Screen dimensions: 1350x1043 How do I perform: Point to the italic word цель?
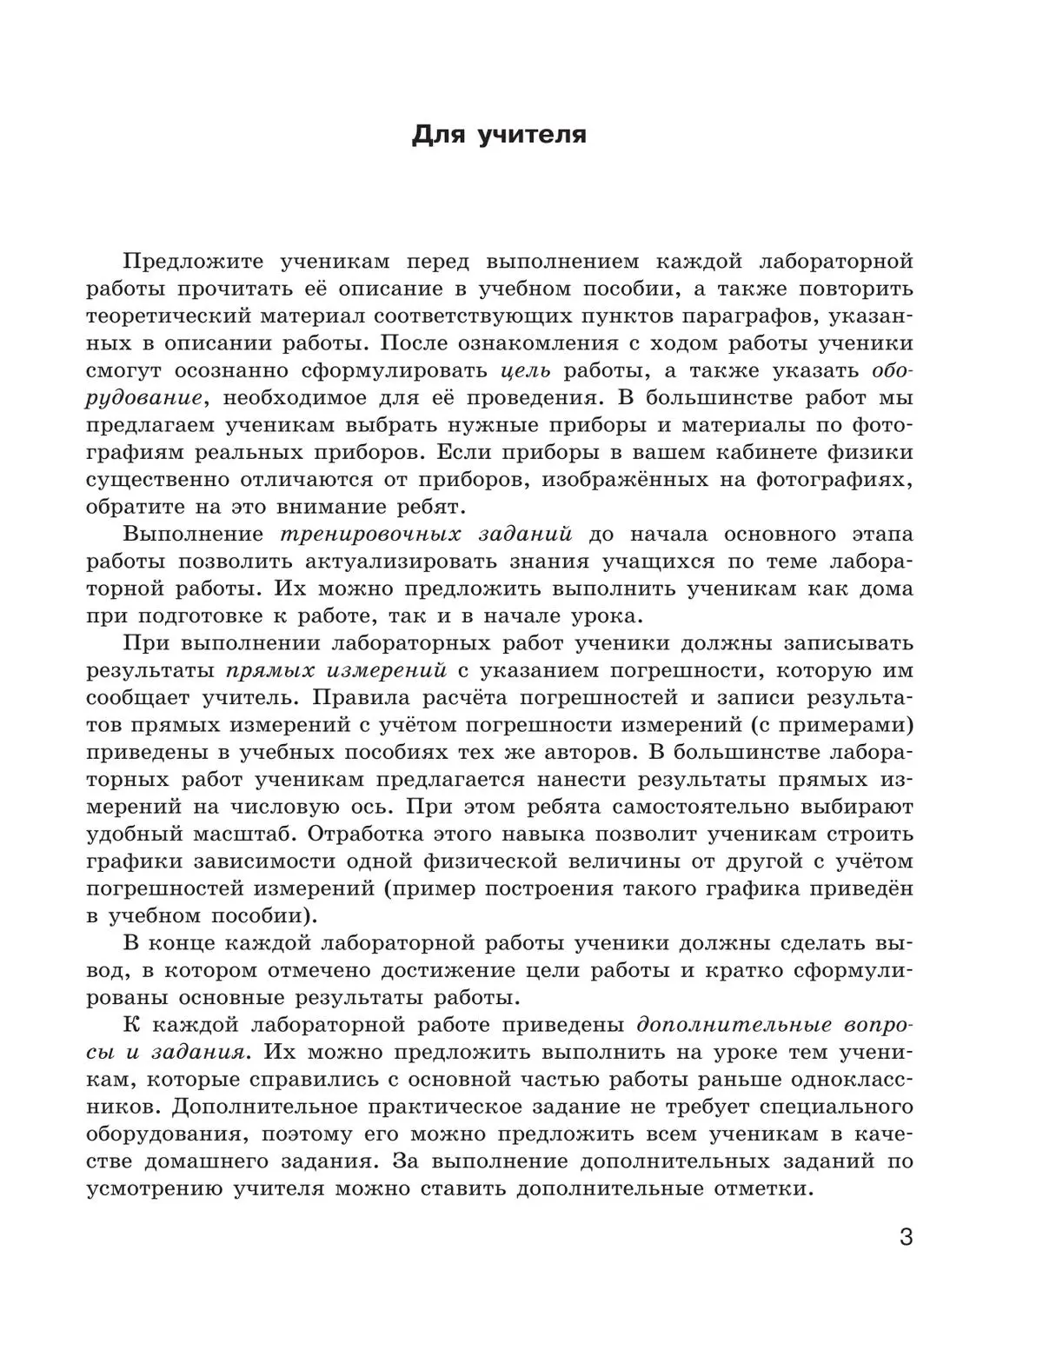(x=527, y=370)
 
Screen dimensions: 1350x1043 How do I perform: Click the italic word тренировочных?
(x=364, y=534)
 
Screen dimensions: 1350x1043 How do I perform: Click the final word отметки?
(x=761, y=1188)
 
